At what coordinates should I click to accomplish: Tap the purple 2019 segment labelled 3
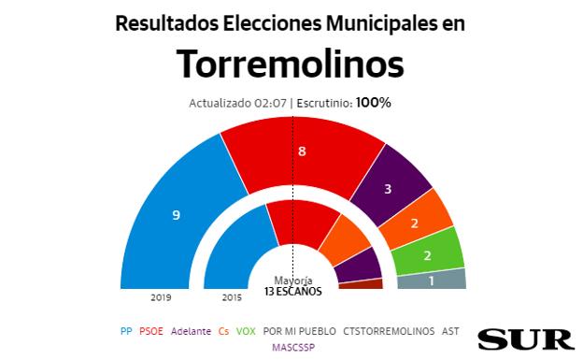tap(387, 188)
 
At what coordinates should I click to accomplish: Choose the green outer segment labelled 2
tap(428, 254)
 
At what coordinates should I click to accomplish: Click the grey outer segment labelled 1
tap(432, 279)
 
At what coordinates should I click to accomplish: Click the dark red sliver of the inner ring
tap(362, 284)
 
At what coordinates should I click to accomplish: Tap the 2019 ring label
tap(162, 297)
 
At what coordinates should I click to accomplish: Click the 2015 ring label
tap(232, 297)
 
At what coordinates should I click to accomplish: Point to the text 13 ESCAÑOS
tap(291, 291)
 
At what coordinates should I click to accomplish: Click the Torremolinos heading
tap(291, 65)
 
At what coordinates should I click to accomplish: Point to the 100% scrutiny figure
tap(373, 102)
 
